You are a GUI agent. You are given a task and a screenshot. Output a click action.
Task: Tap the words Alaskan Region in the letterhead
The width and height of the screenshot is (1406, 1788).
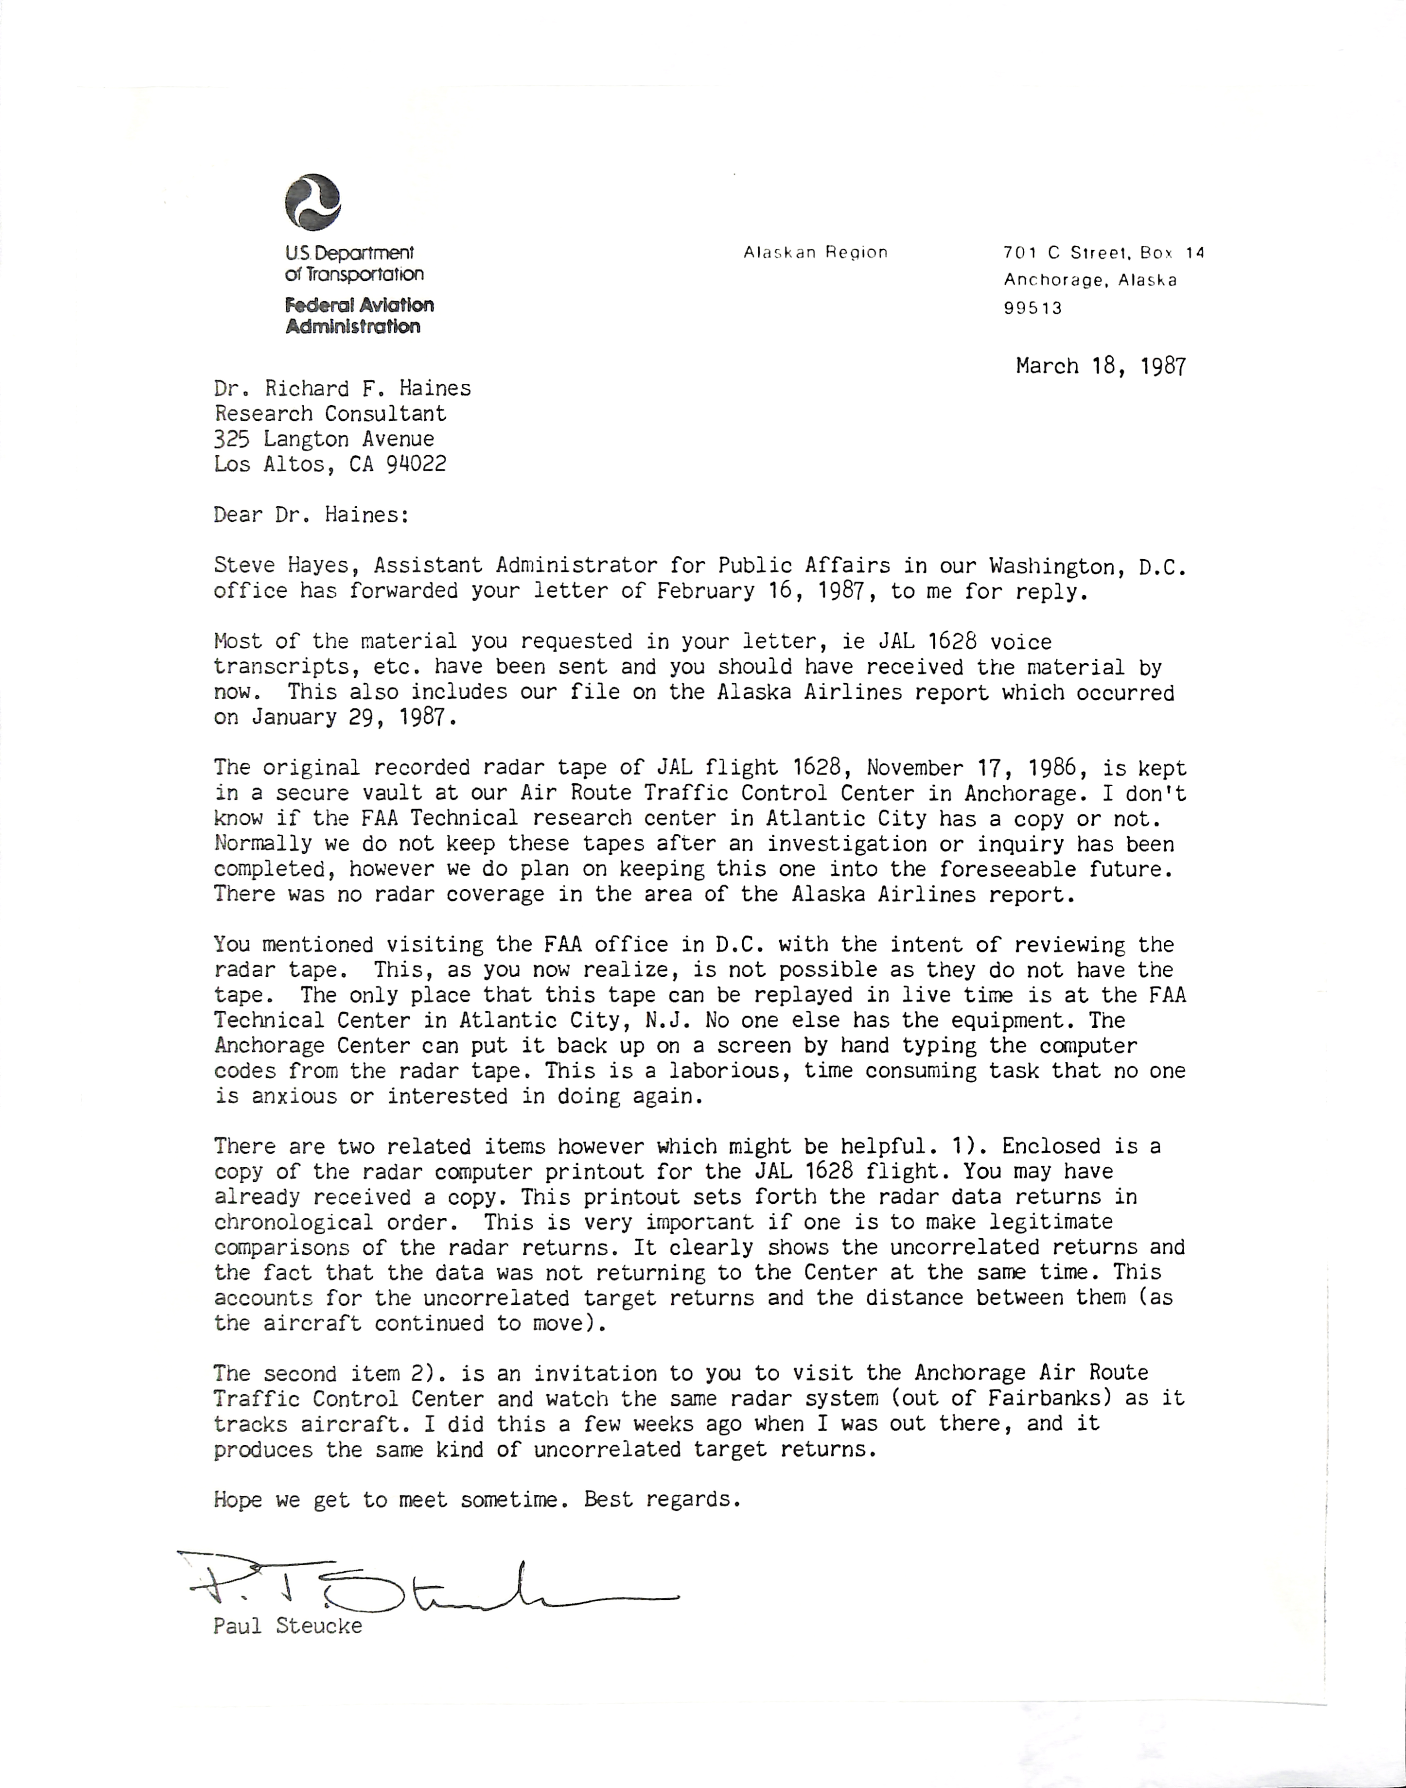pos(815,253)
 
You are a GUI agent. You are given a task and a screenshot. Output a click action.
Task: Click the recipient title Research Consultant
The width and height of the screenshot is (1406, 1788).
pos(330,414)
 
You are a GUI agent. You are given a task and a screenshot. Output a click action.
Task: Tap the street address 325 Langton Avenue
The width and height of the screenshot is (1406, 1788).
pos(324,439)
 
